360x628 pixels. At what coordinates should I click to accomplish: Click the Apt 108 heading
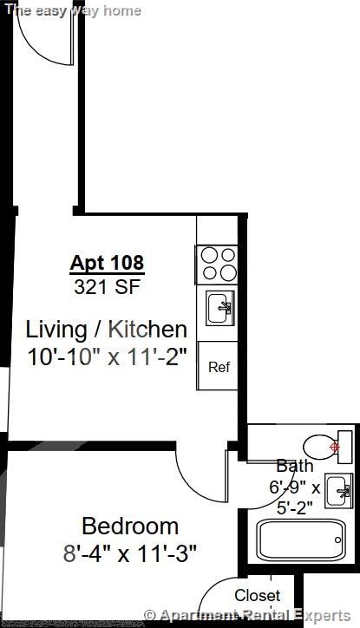(x=107, y=262)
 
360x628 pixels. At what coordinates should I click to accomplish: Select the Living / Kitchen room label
(x=106, y=330)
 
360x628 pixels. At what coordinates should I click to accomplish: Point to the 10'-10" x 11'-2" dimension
(x=106, y=357)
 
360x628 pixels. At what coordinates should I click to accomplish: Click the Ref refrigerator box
(x=219, y=367)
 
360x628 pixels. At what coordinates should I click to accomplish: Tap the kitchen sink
(x=219, y=306)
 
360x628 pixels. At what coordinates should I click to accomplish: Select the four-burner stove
(x=218, y=264)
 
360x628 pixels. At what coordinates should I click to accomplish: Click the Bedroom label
(x=130, y=526)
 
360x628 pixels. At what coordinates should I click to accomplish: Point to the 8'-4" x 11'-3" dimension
(x=130, y=553)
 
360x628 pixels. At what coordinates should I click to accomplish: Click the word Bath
(x=294, y=466)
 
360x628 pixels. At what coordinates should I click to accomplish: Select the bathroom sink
(x=338, y=491)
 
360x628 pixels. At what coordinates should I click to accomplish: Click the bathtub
(x=300, y=540)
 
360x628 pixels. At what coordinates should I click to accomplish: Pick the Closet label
(x=258, y=596)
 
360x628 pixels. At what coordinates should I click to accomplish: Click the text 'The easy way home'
(x=74, y=10)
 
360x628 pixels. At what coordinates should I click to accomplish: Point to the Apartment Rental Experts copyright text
(x=252, y=617)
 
